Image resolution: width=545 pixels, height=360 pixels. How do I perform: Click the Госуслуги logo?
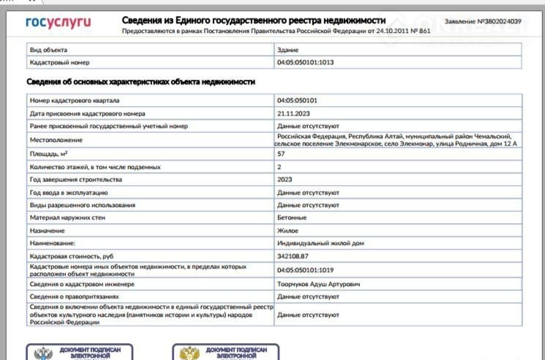point(59,23)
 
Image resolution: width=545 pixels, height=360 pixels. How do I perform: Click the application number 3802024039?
point(498,22)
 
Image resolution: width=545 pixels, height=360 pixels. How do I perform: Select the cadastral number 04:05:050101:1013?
point(306,63)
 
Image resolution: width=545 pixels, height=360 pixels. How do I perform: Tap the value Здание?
point(287,50)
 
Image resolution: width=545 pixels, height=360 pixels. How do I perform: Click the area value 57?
point(281,154)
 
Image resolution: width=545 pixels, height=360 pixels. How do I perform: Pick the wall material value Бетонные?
point(291,217)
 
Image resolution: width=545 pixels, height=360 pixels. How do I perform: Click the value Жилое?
point(287,230)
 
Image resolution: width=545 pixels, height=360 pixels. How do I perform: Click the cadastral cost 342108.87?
point(293,256)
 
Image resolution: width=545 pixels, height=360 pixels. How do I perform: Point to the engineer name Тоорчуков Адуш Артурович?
point(318,283)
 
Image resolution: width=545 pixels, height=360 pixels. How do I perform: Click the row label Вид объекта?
point(48,50)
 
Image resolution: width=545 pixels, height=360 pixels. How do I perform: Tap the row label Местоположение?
point(55,140)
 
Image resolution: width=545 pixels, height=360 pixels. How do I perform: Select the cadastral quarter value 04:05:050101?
point(296,100)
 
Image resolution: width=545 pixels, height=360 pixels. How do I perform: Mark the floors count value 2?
point(279,167)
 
